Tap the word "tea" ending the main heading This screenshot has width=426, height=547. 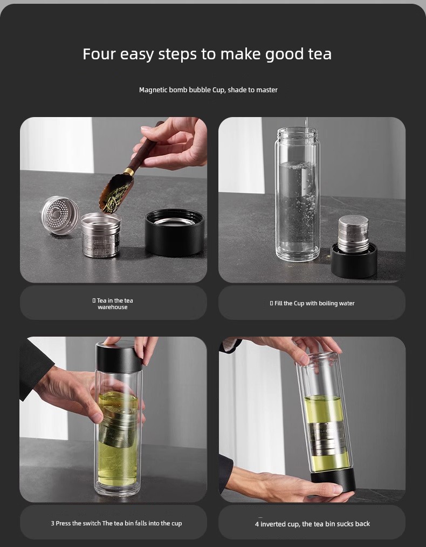click(320, 54)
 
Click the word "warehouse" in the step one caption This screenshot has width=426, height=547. click(113, 307)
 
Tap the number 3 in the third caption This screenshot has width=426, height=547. click(53, 523)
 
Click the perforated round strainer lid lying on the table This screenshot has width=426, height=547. click(60, 215)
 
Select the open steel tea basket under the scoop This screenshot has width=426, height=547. click(101, 235)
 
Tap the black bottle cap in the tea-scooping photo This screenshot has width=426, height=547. click(174, 231)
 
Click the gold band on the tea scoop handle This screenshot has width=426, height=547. click(129, 172)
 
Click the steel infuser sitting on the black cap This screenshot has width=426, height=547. click(353, 233)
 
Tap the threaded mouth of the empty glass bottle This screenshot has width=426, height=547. click(297, 133)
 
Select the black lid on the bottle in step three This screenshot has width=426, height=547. click(119, 358)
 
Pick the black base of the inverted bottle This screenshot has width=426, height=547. click(333, 480)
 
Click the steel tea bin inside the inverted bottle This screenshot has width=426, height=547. click(327, 439)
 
